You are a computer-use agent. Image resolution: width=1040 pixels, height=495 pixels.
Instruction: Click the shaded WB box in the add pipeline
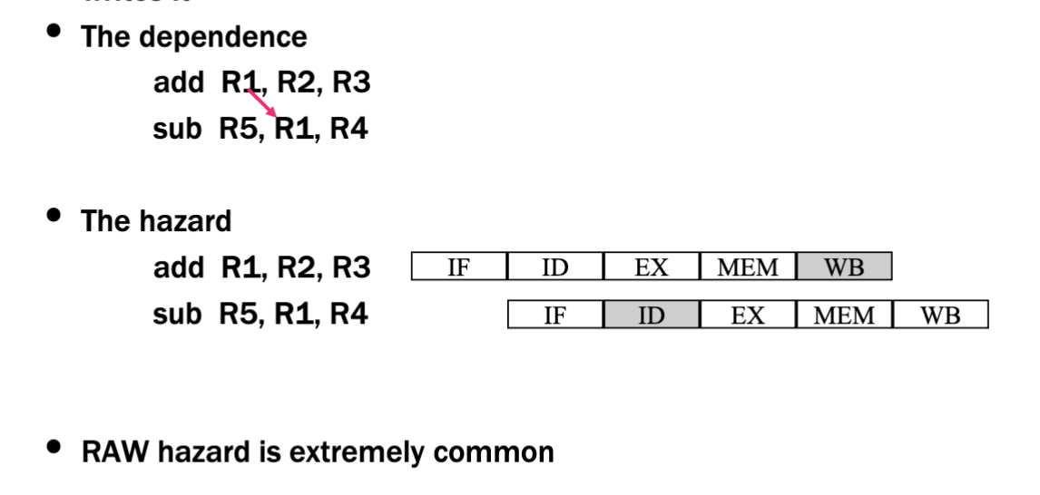coord(844,267)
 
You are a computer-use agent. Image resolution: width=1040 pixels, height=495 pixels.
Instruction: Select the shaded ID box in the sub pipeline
coord(652,315)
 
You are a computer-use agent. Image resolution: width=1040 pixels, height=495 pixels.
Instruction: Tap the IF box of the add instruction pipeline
coord(459,267)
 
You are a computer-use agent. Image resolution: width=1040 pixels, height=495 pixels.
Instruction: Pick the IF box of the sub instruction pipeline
coord(555,315)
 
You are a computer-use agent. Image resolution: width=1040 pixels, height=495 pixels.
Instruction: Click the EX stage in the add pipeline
coord(652,267)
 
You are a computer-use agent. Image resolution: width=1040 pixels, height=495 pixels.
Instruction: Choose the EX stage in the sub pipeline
coord(748,315)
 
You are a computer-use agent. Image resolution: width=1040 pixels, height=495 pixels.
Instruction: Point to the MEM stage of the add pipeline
coord(748,267)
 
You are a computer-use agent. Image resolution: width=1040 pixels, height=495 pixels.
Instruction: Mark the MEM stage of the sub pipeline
coord(844,315)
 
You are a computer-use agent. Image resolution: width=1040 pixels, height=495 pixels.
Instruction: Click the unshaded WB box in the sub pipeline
coord(940,315)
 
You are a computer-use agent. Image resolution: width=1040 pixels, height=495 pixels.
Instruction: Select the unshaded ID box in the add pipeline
coord(555,267)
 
